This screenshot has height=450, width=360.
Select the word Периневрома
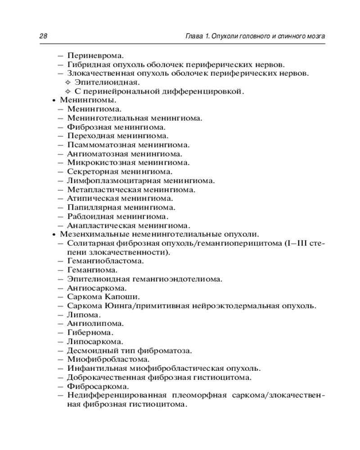point(95,56)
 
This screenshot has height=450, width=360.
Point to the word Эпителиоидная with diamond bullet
point(107,82)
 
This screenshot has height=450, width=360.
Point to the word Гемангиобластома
point(105,261)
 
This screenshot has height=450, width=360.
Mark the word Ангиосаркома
point(96,288)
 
